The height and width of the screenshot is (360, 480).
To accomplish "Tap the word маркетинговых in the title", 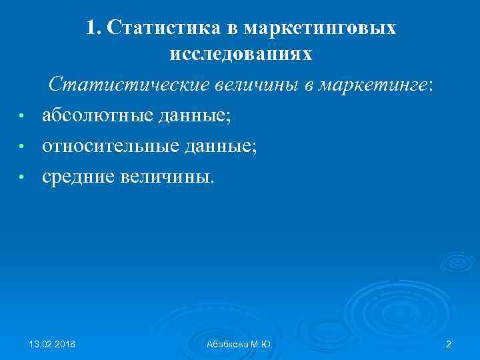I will pyautogui.click(x=320, y=28).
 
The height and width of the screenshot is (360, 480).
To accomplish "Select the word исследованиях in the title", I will pyautogui.click(x=241, y=54).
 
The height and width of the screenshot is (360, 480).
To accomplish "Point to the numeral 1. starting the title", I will pyautogui.click(x=93, y=28).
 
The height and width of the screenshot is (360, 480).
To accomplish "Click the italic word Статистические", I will pyautogui.click(x=130, y=85).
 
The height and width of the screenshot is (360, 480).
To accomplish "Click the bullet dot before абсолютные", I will pyautogui.click(x=22, y=117).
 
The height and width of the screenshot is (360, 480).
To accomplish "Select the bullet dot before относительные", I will pyautogui.click(x=22, y=147).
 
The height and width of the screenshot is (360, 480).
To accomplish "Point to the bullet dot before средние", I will pyautogui.click(x=22, y=177).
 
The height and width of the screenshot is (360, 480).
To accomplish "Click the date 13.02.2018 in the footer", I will pyautogui.click(x=52, y=343).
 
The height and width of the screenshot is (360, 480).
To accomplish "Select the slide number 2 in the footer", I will pyautogui.click(x=448, y=343).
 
